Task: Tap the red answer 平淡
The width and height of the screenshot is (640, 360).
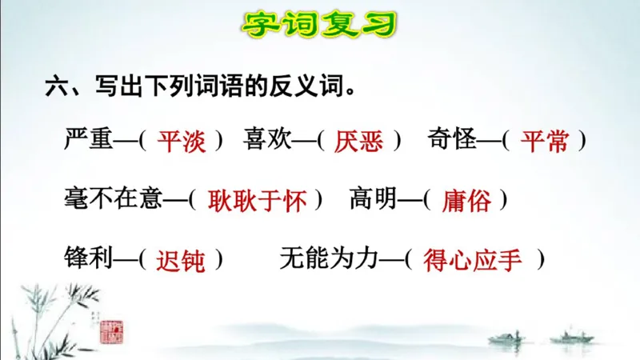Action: (x=181, y=142)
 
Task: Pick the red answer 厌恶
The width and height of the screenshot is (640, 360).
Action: (x=359, y=142)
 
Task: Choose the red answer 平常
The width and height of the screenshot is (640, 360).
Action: (x=544, y=142)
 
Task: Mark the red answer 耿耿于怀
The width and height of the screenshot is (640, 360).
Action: (x=257, y=201)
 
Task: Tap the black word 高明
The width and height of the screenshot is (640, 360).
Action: (x=373, y=199)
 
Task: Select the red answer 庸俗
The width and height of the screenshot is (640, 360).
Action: (x=466, y=201)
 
